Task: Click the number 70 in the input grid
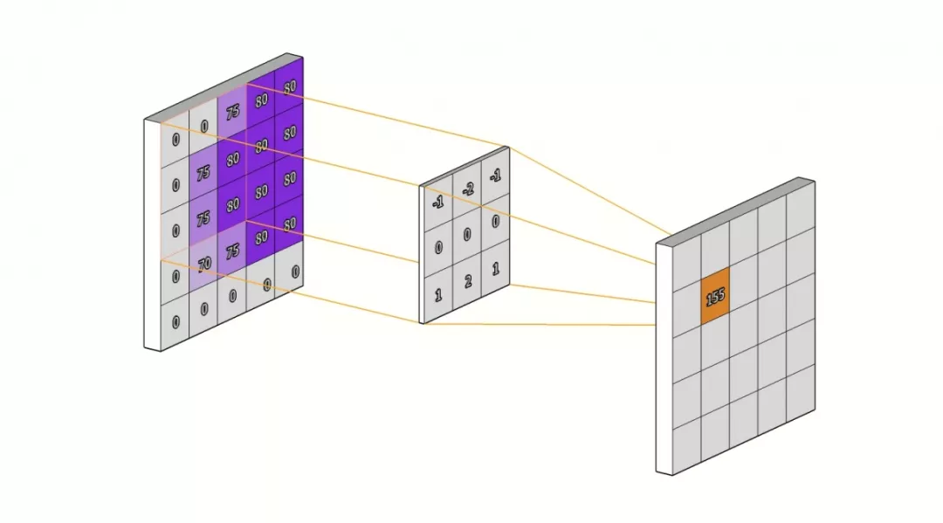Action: pyautogui.click(x=204, y=264)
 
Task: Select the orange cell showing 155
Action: pyautogui.click(x=715, y=296)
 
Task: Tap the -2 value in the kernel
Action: pyautogui.click(x=468, y=190)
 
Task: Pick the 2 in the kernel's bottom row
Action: pyautogui.click(x=468, y=281)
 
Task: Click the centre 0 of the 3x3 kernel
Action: pyautogui.click(x=467, y=235)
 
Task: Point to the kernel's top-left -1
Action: pyautogui.click(x=438, y=203)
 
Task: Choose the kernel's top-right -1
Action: pyautogui.click(x=496, y=176)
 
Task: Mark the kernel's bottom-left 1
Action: pyautogui.click(x=438, y=294)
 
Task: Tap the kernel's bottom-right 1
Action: pyautogui.click(x=496, y=268)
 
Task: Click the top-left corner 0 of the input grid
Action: pyautogui.click(x=176, y=140)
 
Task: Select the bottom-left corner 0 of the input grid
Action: pyautogui.click(x=176, y=322)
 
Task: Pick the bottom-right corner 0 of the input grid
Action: pyautogui.click(x=295, y=272)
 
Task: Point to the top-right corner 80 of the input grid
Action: pyautogui.click(x=290, y=87)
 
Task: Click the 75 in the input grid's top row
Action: pyautogui.click(x=233, y=112)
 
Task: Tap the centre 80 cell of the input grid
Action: pyautogui.click(x=233, y=205)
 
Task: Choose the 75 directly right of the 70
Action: pyautogui.click(x=233, y=251)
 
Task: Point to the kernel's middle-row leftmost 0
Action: pyautogui.click(x=438, y=248)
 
